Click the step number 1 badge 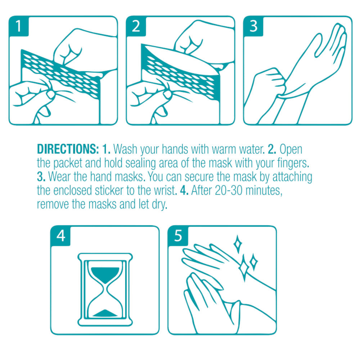19,26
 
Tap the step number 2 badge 136,26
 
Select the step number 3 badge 253,26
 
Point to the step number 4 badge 60,236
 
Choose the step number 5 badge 178,236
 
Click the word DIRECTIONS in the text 68,149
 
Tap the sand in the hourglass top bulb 105,274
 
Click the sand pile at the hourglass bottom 105,314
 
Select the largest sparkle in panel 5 244,267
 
